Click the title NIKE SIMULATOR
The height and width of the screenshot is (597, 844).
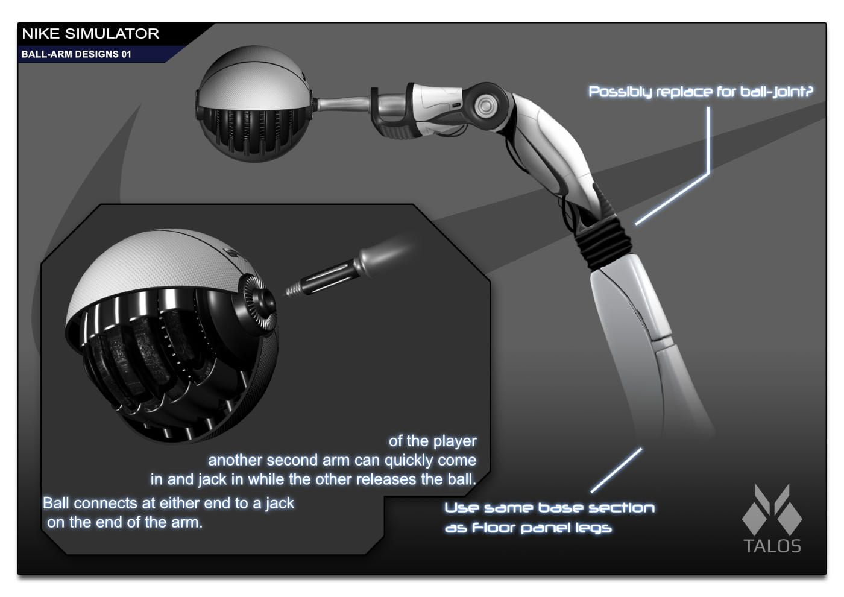point(90,34)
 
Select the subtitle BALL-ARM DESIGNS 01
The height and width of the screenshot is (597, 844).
point(76,54)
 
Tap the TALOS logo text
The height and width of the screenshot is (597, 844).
point(772,546)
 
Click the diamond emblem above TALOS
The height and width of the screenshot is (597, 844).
point(772,510)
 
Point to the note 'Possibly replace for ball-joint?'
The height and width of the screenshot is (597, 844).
point(701,92)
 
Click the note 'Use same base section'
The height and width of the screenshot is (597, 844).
point(549,508)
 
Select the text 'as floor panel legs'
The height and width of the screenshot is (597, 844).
point(528,528)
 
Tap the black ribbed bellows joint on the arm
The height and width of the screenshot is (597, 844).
point(603,244)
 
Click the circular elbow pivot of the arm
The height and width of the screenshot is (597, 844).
point(485,106)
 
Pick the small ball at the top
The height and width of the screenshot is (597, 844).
point(254,104)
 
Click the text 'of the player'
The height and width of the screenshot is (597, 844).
point(433,441)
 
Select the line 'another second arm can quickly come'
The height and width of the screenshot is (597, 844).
point(342,460)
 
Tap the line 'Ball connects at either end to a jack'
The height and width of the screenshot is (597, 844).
point(168,503)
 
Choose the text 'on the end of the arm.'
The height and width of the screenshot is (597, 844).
point(125,522)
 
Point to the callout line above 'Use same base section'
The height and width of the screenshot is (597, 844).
point(616,470)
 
